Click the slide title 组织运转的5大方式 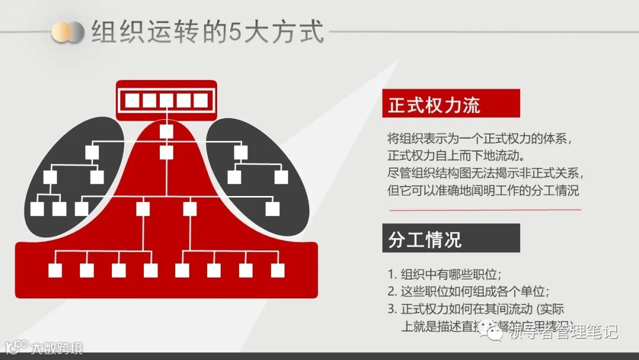coord(208,33)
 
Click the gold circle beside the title coord(61,33)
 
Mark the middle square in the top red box coord(166,101)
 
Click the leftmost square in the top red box coord(132,101)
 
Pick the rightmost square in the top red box coord(201,101)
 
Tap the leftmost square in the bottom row coord(55,271)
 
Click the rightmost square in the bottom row coord(277,271)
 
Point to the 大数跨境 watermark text coord(57,348)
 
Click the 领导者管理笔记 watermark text coord(562,331)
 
